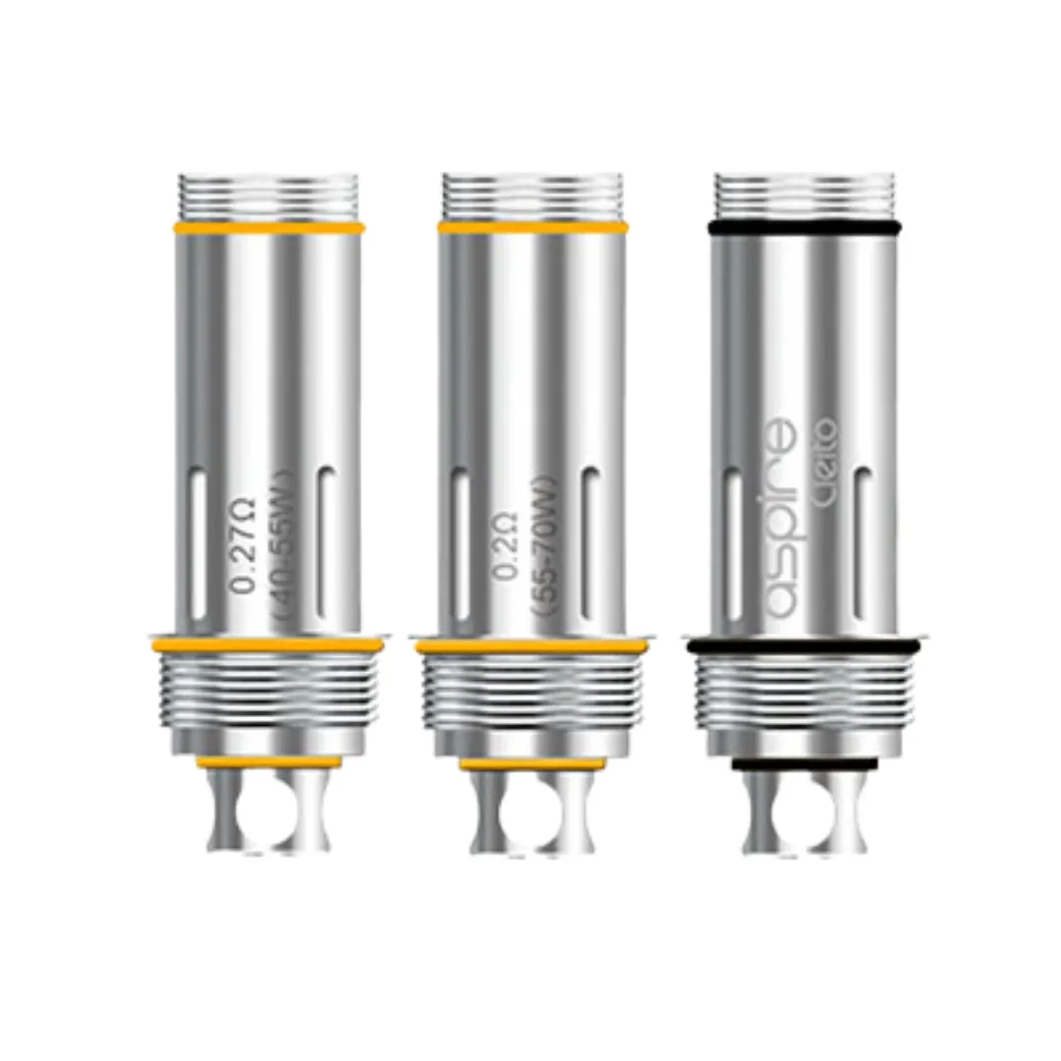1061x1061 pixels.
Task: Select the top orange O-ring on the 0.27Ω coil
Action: (267, 227)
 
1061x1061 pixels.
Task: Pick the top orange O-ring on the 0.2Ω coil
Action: (531, 227)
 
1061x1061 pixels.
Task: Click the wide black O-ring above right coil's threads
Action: (803, 645)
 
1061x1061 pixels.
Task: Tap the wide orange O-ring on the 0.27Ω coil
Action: (266, 644)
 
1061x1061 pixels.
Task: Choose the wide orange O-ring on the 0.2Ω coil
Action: (530, 646)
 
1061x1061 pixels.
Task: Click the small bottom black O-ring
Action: (804, 763)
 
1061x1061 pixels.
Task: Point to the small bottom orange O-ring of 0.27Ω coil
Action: (268, 760)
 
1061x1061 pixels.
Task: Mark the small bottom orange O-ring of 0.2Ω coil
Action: (530, 763)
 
